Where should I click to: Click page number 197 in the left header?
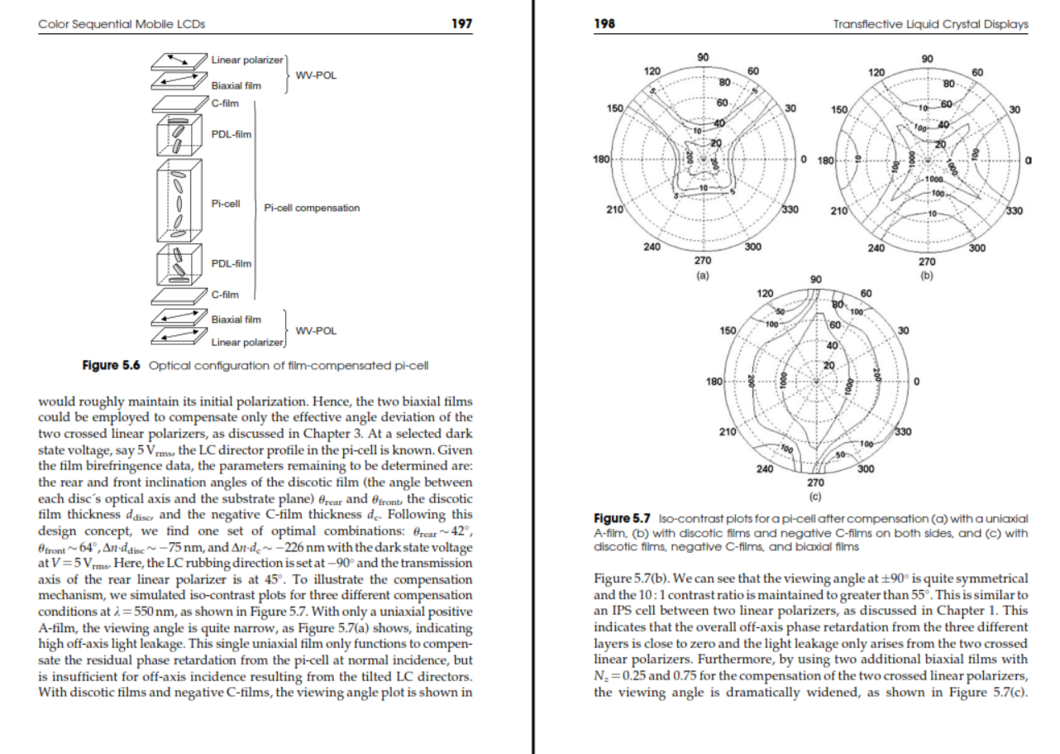coord(462,24)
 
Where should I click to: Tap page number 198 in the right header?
coord(604,24)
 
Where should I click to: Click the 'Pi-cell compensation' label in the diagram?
coord(312,208)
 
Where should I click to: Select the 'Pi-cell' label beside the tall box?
coord(225,204)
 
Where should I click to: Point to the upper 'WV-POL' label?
coord(316,75)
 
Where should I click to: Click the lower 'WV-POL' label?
coord(316,330)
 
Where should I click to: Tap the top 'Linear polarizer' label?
coord(247,60)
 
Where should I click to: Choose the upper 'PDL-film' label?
coord(231,135)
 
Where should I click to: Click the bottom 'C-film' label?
coord(225,295)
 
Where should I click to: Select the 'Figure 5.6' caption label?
coord(111,365)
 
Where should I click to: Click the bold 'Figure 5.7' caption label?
coord(622,519)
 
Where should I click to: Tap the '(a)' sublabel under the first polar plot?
coord(703,275)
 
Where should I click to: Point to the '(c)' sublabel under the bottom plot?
coord(815,497)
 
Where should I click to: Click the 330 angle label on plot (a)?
coord(790,209)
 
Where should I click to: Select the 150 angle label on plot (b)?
coord(839,110)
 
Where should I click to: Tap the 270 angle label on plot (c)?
coord(815,483)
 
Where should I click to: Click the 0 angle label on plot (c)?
coord(917,382)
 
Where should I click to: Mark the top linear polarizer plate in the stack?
coord(179,61)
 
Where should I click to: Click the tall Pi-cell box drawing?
coord(179,201)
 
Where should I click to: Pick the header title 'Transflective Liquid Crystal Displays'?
coord(930,24)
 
